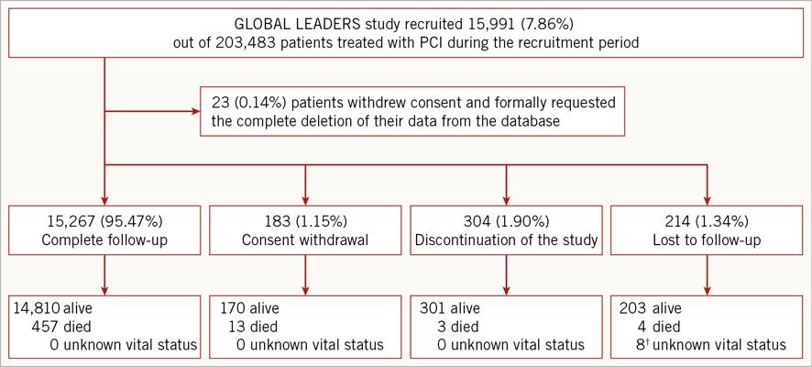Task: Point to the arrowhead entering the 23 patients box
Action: click(x=196, y=111)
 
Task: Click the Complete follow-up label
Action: click(x=105, y=240)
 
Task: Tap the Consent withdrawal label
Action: click(x=305, y=240)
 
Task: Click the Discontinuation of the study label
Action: click(x=506, y=240)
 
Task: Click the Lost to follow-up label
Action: click(x=707, y=240)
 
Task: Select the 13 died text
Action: click(x=253, y=327)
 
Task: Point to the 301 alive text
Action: click(x=448, y=308)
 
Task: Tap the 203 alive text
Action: click(x=651, y=308)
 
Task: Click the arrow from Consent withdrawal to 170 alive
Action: click(x=305, y=274)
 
